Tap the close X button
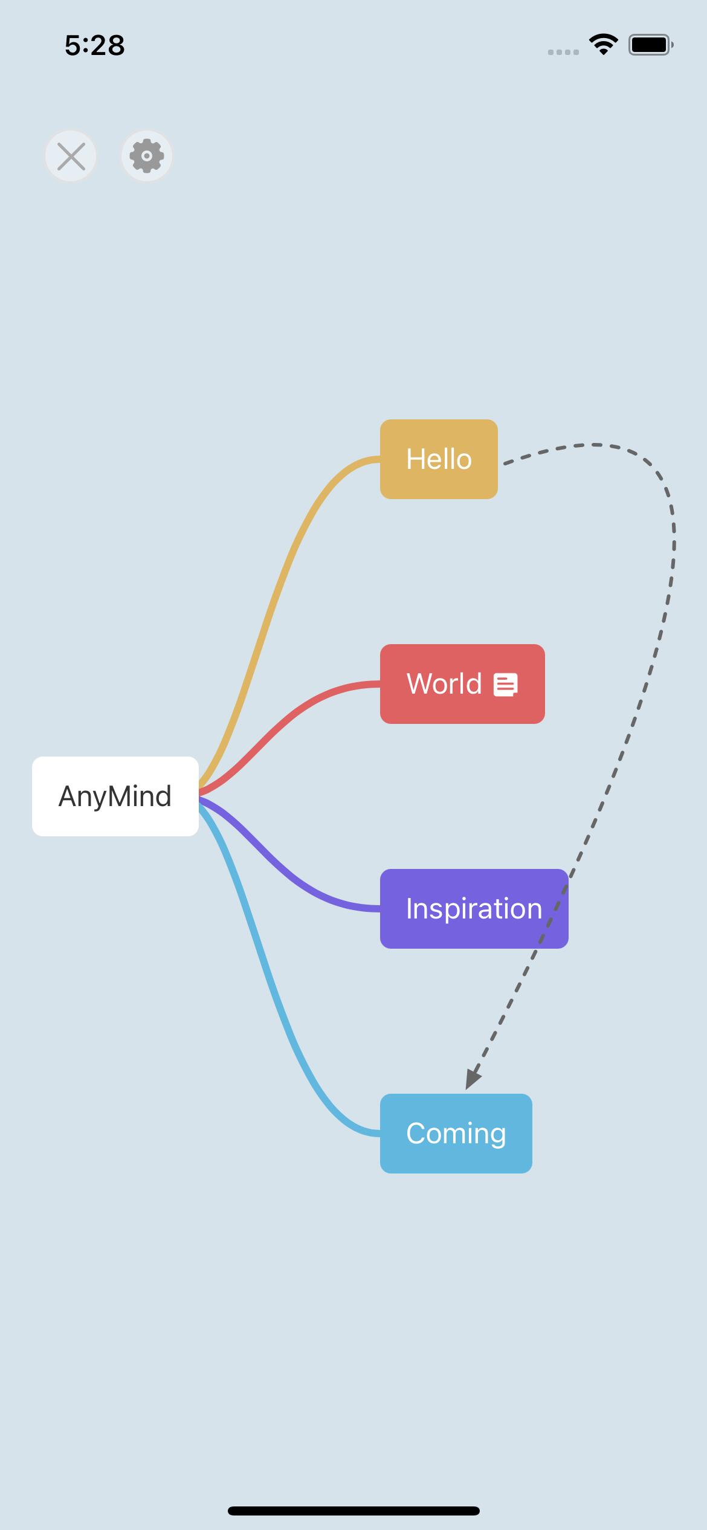click(x=71, y=157)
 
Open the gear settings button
click(x=147, y=157)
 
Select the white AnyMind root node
click(x=115, y=796)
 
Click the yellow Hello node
click(x=439, y=459)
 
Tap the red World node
click(x=462, y=684)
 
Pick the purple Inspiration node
click(x=474, y=909)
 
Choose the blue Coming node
click(x=456, y=1134)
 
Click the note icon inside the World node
click(x=505, y=685)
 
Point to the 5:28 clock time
click(x=95, y=45)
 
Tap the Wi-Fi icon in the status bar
click(x=602, y=44)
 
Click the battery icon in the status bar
click(x=650, y=45)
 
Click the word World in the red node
click(x=444, y=684)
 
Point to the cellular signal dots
click(x=563, y=52)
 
